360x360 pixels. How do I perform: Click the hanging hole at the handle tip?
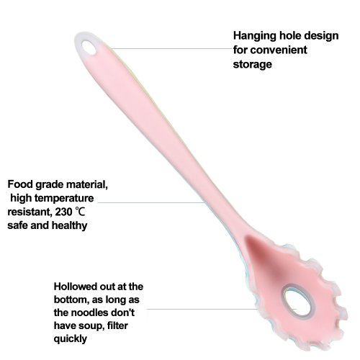(x=89, y=48)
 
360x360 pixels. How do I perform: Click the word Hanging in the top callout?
(x=255, y=37)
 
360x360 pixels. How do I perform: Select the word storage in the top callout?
(x=253, y=64)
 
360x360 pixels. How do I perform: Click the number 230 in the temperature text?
(x=63, y=212)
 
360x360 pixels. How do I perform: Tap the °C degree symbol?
(x=80, y=212)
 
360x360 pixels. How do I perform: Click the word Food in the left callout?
(x=20, y=184)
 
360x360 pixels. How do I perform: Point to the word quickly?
(x=71, y=339)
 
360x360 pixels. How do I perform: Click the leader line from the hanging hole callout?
(x=172, y=49)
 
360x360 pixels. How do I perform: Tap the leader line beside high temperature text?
(x=151, y=202)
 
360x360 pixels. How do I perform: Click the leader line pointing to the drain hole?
(x=222, y=309)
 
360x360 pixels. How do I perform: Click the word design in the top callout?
(x=324, y=37)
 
